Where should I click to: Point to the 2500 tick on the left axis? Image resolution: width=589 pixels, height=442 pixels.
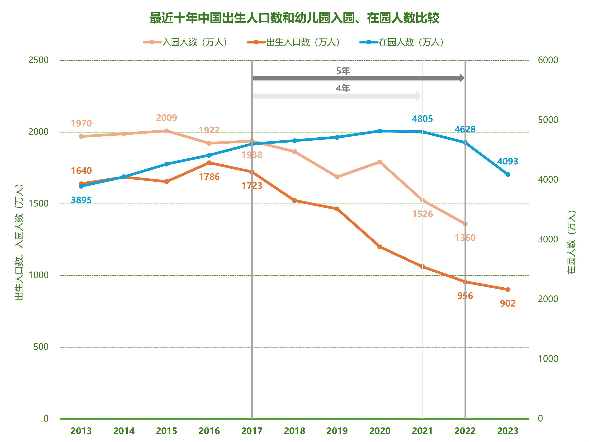click(x=38, y=60)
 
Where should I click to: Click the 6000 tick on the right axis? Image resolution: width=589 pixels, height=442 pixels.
click(x=548, y=60)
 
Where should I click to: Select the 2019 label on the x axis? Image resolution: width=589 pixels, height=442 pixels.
click(x=337, y=431)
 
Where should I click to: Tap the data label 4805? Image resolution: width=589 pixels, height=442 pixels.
click(x=422, y=119)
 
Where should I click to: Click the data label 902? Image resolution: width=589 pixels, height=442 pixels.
click(x=508, y=303)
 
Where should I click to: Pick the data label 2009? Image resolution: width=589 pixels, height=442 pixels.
click(x=166, y=118)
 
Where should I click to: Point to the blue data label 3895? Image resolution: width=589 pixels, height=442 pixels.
click(x=81, y=200)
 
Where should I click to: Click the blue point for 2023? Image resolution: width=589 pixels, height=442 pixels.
click(x=508, y=174)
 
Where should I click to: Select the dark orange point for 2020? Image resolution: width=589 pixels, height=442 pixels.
click(x=380, y=247)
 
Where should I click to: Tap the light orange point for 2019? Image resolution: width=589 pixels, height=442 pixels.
click(x=337, y=177)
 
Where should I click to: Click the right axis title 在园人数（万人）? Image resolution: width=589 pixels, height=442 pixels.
click(x=571, y=242)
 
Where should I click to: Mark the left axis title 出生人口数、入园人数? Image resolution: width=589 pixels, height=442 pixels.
click(x=19, y=242)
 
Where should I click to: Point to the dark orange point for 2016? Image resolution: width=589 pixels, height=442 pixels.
click(x=209, y=163)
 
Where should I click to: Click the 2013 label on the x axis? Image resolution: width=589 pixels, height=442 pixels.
click(x=81, y=431)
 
